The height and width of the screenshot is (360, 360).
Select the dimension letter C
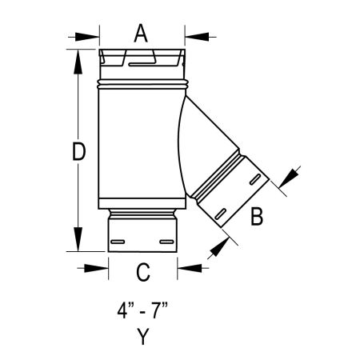click(142, 272)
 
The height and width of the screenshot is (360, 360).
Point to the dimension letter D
click(78, 152)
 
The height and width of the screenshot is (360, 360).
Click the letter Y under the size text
click(142, 337)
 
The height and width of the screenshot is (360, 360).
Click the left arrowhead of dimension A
click(93, 35)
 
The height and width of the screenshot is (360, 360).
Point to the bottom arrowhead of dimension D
click(78, 242)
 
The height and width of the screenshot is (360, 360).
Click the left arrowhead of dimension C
click(101, 267)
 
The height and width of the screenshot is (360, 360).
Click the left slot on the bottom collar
click(118, 240)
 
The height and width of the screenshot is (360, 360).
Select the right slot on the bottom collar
click(166, 240)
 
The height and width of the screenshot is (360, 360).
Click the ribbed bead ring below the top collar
click(142, 82)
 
